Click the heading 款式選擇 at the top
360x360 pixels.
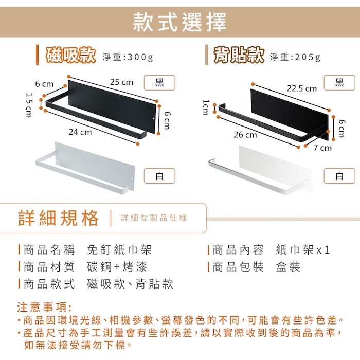click(x=180, y=22)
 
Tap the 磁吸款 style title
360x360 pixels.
click(x=71, y=56)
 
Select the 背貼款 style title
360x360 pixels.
click(x=239, y=56)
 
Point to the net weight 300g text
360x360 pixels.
click(x=128, y=57)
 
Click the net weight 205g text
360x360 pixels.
click(x=295, y=57)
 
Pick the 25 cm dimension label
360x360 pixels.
click(x=121, y=82)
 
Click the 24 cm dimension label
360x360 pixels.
click(x=80, y=132)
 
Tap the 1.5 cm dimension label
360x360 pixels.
click(x=29, y=105)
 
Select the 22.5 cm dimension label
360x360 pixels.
click(x=302, y=88)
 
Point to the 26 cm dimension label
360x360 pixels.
click(x=245, y=135)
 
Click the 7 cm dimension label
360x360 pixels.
click(x=322, y=148)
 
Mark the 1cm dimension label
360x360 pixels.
click(x=206, y=107)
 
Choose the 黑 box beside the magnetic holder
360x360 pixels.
click(x=159, y=83)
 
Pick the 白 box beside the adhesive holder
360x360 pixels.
click(x=339, y=176)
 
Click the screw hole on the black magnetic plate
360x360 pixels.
click(x=154, y=119)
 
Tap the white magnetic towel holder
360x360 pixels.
click(x=85, y=168)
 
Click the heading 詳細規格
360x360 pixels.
click(x=59, y=218)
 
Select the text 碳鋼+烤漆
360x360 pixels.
click(x=117, y=267)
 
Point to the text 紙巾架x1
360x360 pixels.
click(x=303, y=250)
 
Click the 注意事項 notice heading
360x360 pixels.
click(x=44, y=307)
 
